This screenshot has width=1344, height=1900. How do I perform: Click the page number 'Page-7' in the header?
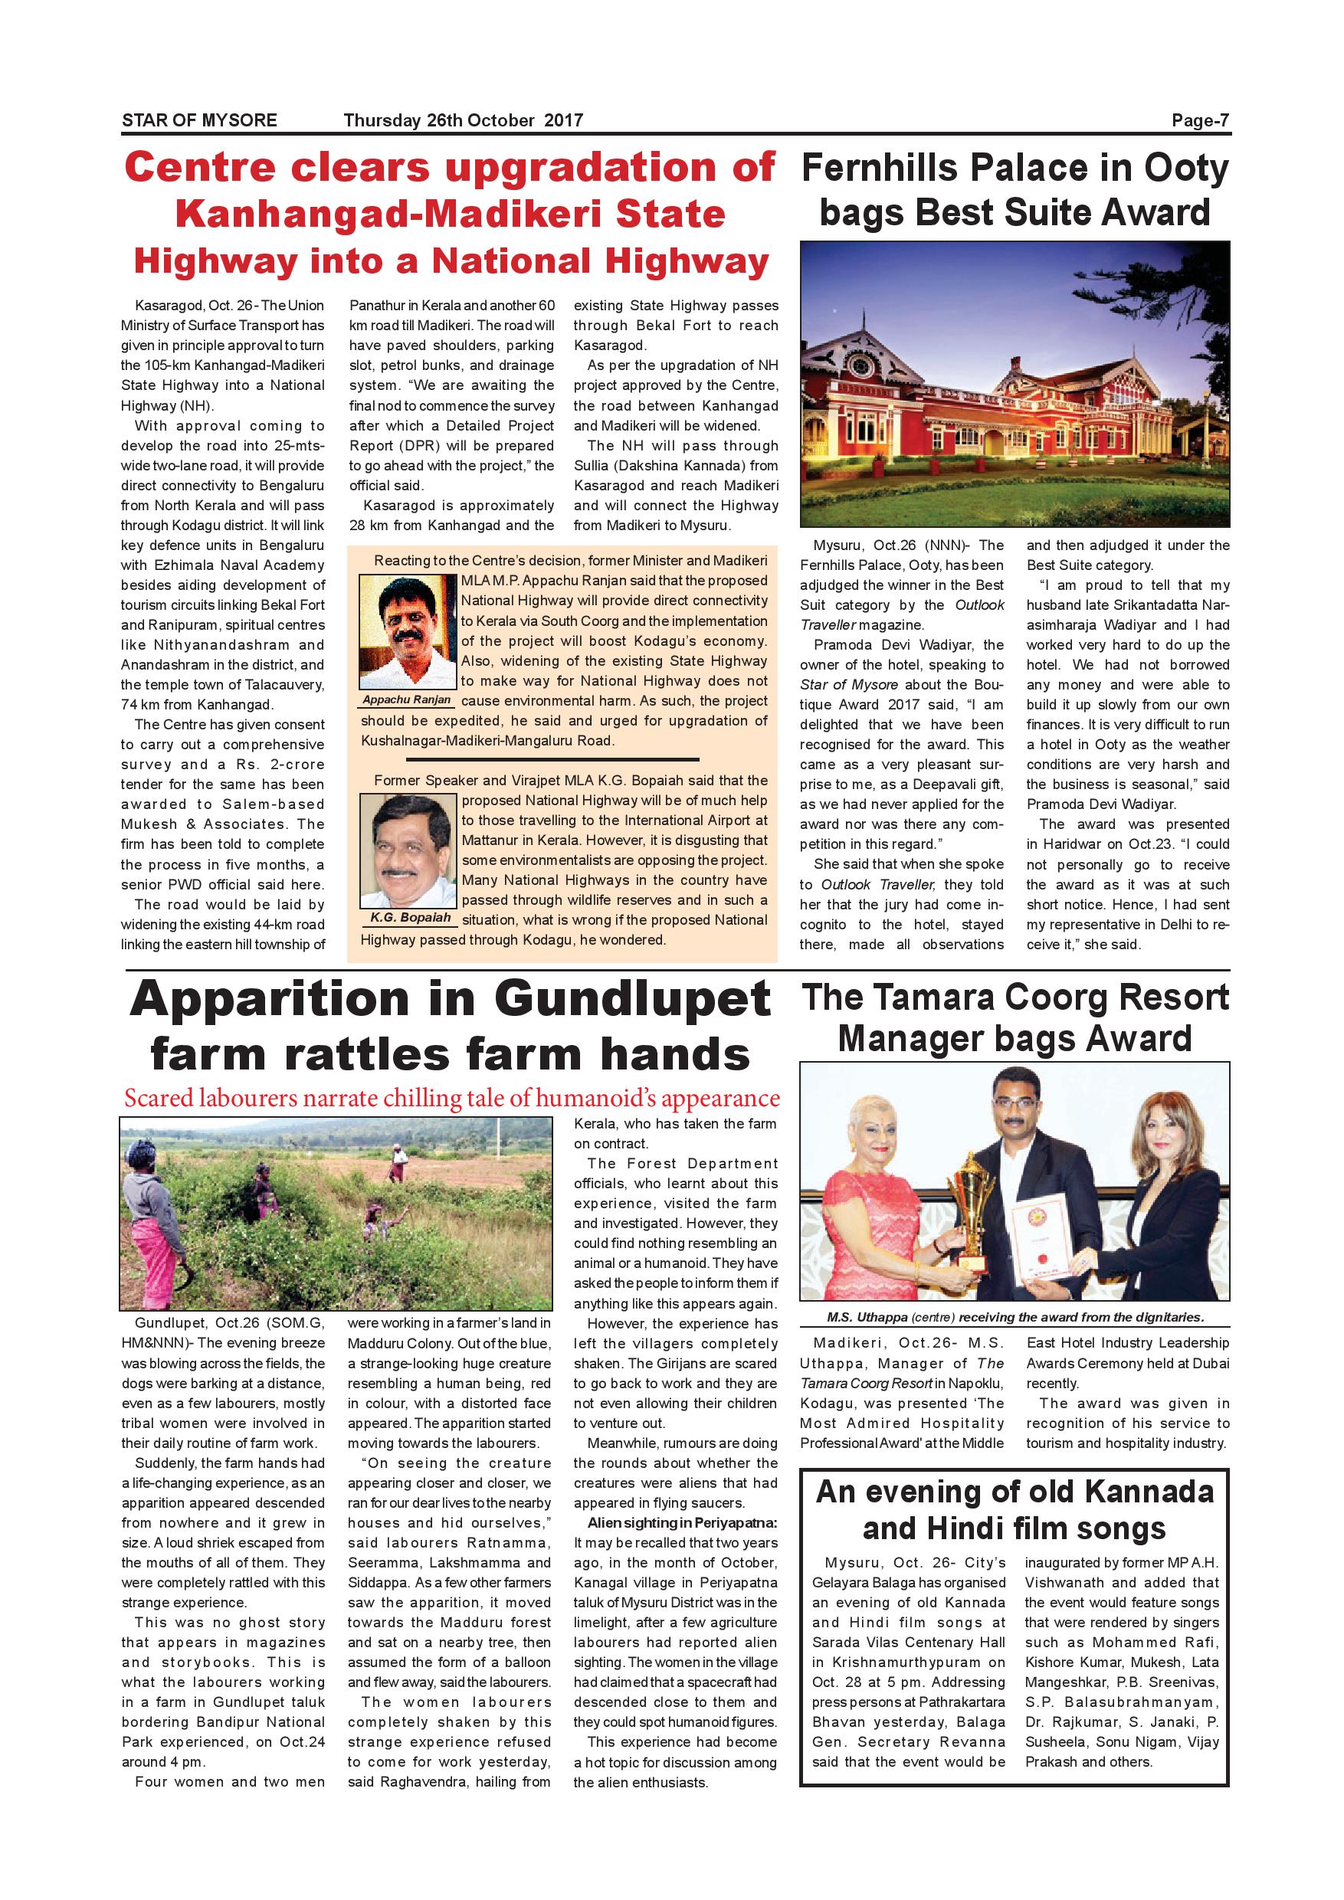(x=1200, y=121)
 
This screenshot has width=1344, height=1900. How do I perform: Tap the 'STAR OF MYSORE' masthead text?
(x=199, y=121)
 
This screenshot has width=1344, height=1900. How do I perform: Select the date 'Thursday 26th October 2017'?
(x=463, y=121)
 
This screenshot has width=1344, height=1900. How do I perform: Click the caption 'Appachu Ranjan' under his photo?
(x=406, y=700)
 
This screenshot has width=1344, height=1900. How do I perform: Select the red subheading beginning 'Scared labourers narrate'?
(x=452, y=1098)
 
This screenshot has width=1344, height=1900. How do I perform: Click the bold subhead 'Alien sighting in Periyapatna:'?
(x=682, y=1522)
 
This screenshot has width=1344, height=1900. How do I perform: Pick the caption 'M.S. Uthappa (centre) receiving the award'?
(x=1015, y=1318)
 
